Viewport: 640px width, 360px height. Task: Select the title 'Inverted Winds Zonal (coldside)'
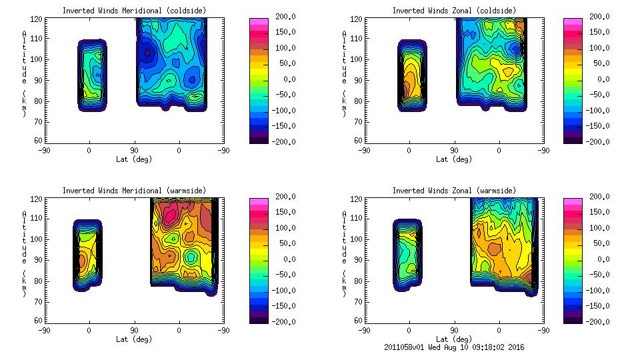click(x=453, y=11)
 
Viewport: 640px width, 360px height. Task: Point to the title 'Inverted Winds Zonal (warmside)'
click(x=453, y=191)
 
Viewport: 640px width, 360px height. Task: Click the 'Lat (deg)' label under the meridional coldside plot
click(x=134, y=159)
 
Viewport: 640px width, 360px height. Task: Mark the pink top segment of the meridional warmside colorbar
click(x=258, y=201)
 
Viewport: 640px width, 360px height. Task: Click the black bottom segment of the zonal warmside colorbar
click(x=572, y=320)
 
